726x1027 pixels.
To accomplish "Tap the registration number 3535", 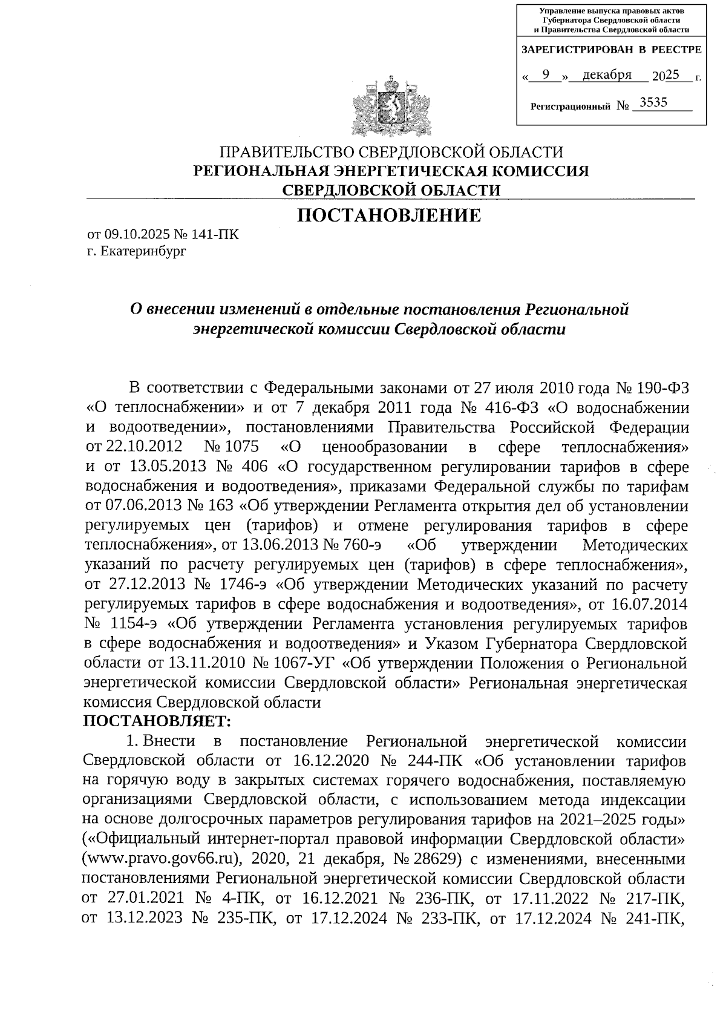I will coord(653,103).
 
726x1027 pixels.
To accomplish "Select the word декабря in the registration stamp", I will coord(607,75).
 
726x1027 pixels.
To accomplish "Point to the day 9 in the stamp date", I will coord(546,74).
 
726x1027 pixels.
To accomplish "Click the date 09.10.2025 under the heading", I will coord(134,235).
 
